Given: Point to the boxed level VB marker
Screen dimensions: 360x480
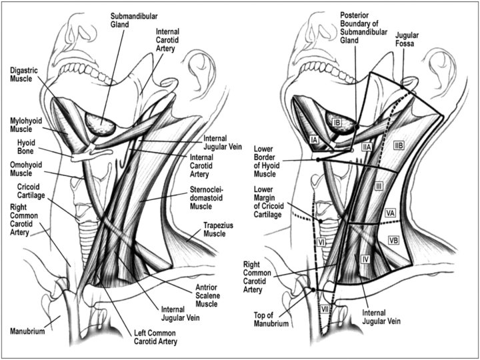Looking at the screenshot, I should click(x=393, y=239).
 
